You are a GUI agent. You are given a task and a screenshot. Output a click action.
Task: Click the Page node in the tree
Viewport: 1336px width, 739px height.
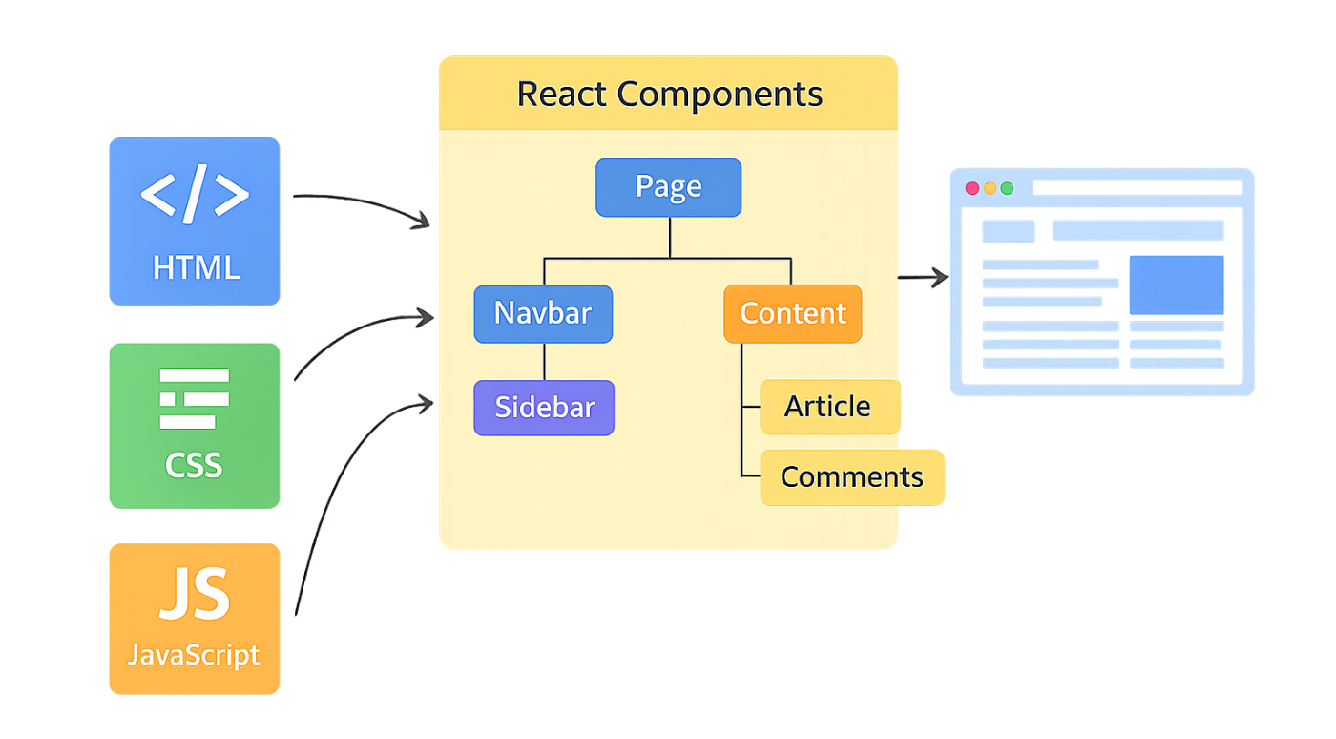click(x=668, y=187)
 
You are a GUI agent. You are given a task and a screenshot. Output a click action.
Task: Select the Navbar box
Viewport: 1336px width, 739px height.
click(x=543, y=313)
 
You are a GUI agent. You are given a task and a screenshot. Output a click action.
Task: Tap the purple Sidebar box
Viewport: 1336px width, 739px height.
click(x=544, y=408)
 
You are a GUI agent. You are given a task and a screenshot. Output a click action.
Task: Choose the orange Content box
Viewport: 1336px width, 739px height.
click(x=793, y=313)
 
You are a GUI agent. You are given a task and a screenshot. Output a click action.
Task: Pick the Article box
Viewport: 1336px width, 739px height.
click(x=829, y=407)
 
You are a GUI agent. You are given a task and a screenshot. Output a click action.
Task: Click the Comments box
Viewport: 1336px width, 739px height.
click(x=852, y=476)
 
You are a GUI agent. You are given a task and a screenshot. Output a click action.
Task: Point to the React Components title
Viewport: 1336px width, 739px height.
click(x=669, y=95)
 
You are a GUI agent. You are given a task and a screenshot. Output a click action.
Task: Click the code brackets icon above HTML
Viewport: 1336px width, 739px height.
click(x=195, y=194)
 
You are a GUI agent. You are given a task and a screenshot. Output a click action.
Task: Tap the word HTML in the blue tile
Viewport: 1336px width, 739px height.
click(x=196, y=267)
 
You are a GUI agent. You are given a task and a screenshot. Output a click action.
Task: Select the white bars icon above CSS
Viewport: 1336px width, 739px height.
click(x=195, y=398)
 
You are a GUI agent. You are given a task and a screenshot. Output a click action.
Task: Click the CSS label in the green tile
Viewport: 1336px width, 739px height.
click(x=194, y=465)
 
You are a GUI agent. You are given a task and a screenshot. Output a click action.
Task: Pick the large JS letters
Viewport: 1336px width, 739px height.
click(x=195, y=594)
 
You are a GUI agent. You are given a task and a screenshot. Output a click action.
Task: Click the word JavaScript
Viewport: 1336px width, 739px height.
click(x=194, y=655)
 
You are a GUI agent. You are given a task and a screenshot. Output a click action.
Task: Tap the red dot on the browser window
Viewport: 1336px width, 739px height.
click(x=972, y=188)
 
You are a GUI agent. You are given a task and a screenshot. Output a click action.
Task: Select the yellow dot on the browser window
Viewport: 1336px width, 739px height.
click(x=990, y=188)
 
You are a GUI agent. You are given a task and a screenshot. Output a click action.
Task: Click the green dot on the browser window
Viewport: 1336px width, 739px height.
click(x=1007, y=188)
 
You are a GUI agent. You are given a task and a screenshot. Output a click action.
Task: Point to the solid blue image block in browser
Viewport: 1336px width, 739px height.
click(x=1176, y=285)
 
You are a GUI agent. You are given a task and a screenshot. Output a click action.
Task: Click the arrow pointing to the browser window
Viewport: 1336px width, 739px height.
click(x=923, y=278)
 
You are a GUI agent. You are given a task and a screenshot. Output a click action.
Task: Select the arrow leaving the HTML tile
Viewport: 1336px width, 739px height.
click(x=363, y=204)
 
